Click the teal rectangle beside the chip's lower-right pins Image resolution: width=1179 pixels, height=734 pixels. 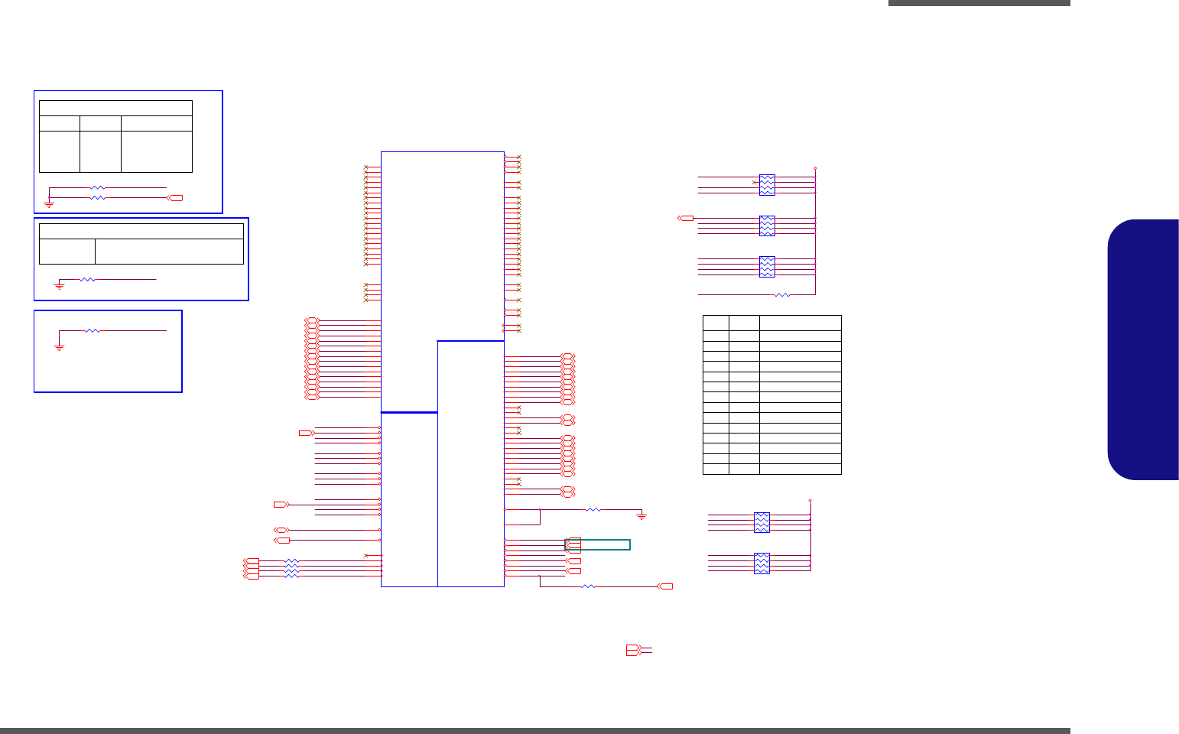598,544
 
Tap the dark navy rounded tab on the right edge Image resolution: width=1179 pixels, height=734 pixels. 1143,349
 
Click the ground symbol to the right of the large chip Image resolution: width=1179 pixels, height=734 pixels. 641,516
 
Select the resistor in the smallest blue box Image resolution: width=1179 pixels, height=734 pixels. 93,330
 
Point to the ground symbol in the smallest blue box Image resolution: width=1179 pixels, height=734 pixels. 59,347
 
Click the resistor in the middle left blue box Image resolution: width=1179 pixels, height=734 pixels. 88,280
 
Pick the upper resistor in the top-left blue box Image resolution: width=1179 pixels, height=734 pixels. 97,187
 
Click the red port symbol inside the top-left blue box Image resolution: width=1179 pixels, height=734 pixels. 176,198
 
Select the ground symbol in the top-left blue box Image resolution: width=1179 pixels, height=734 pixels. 49,204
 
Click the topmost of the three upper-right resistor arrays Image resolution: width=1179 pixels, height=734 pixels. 767,185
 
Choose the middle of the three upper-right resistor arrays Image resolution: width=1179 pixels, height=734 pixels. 767,226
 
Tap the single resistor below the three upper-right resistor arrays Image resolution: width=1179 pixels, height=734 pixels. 782,294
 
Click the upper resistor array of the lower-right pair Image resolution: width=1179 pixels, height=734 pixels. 762,522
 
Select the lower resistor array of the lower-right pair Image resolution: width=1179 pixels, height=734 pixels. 762,563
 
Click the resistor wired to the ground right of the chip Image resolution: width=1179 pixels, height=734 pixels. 593,509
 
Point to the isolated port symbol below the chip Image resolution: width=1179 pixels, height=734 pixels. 634,650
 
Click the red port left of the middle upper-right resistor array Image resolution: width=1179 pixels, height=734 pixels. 686,218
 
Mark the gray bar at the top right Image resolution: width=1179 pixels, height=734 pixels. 979,3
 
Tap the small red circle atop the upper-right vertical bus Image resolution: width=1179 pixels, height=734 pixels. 815,167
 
